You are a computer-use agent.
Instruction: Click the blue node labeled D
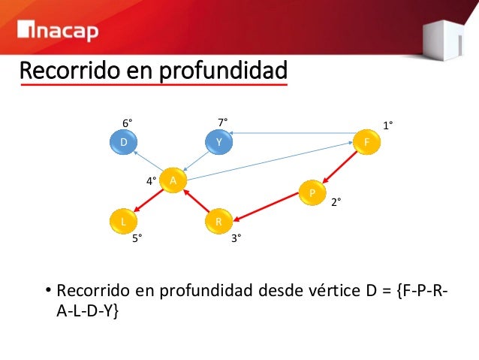point(122,141)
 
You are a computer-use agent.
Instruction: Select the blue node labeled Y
point(218,141)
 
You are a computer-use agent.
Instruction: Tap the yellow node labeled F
point(366,142)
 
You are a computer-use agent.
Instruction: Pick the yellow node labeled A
point(173,180)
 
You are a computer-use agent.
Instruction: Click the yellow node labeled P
point(310,192)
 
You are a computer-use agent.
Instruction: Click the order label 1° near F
point(389,126)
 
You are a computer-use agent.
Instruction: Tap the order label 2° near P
point(337,203)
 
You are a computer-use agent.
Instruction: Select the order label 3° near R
point(236,238)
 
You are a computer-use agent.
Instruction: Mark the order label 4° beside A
point(151,181)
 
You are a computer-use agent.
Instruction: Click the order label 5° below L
point(137,238)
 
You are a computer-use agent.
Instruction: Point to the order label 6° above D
point(128,122)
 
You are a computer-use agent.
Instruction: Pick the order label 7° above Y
point(223,122)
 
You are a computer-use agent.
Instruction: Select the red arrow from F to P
point(339,166)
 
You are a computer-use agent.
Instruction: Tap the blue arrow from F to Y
point(293,134)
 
